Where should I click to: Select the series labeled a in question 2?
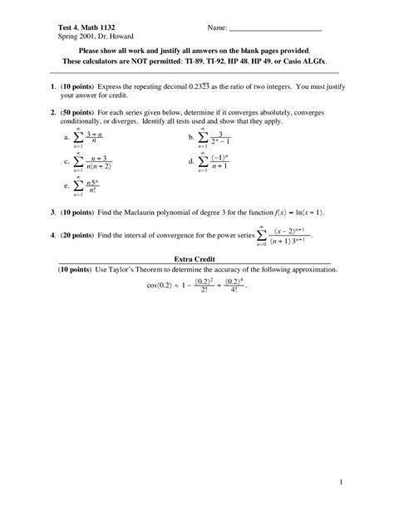(x=89, y=138)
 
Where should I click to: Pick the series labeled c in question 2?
(x=93, y=162)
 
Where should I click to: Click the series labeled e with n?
(x=87, y=186)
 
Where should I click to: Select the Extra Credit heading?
(x=196, y=260)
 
